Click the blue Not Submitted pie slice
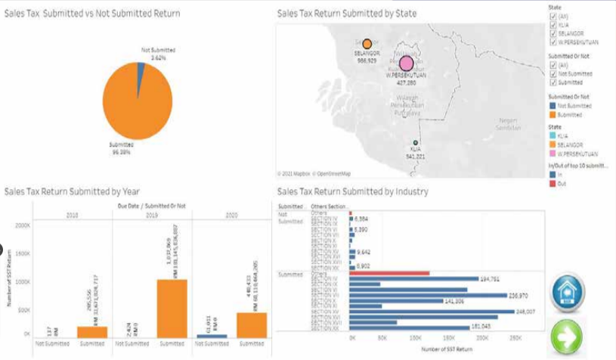click(x=141, y=70)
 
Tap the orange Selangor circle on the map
click(x=367, y=44)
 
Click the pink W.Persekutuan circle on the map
click(x=407, y=64)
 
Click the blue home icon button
click(x=568, y=292)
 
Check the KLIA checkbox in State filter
click(x=553, y=23)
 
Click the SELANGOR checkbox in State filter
click(x=553, y=33)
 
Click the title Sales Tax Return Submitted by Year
click(x=72, y=192)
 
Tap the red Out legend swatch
click(x=553, y=184)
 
